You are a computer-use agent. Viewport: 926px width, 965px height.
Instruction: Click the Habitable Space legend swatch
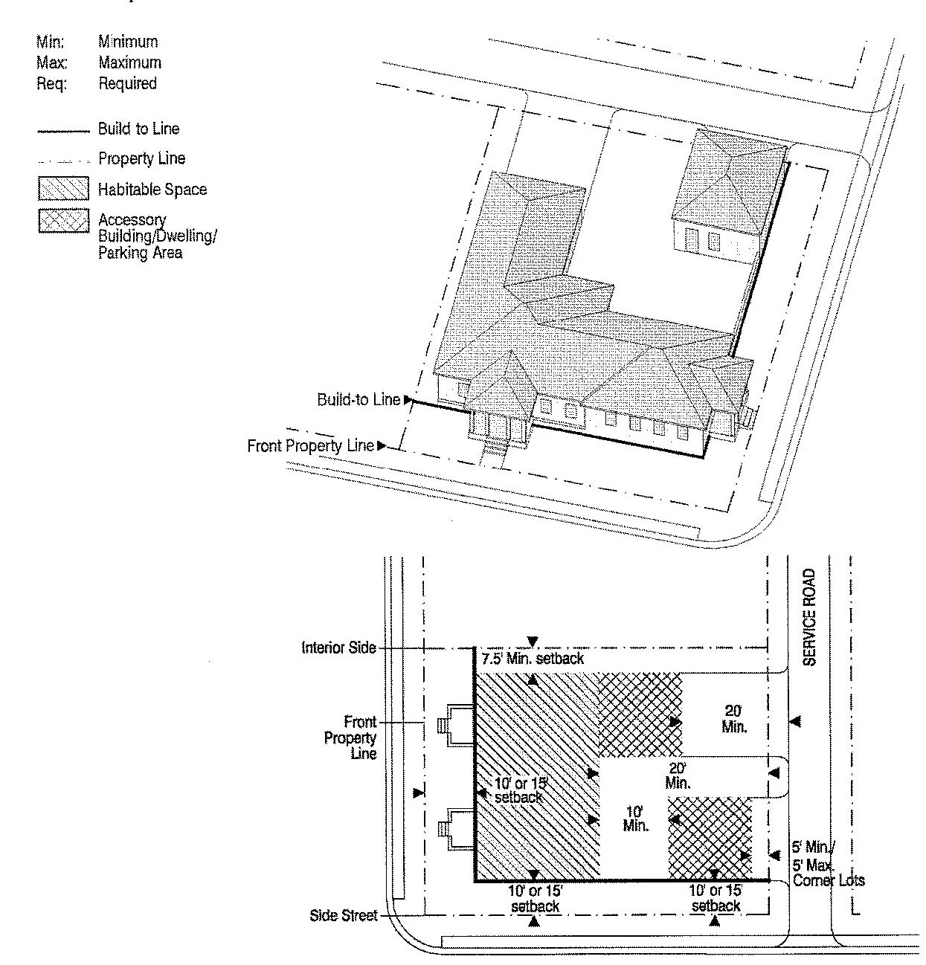point(58,189)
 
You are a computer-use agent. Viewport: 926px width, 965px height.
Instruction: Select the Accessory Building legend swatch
point(58,222)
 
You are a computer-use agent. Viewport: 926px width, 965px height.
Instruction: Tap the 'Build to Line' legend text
point(138,129)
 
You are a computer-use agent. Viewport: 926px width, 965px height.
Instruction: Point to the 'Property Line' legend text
point(141,158)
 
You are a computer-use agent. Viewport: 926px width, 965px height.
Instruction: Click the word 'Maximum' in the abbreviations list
point(129,63)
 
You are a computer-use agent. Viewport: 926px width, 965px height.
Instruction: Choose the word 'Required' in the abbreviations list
point(127,83)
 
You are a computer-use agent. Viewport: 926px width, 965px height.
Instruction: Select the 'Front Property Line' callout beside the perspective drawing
point(311,446)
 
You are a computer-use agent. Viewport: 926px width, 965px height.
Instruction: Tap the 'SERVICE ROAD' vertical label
point(810,616)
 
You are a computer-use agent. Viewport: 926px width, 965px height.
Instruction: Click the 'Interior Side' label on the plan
point(338,648)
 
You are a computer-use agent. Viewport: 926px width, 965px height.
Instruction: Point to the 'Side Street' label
point(343,916)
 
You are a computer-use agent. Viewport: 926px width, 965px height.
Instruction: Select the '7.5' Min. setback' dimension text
point(532,659)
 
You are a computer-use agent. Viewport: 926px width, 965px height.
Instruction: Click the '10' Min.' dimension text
point(636,819)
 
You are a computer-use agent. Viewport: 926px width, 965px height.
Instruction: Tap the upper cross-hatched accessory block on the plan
point(640,714)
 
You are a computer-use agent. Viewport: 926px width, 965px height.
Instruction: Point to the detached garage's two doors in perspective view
point(703,240)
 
